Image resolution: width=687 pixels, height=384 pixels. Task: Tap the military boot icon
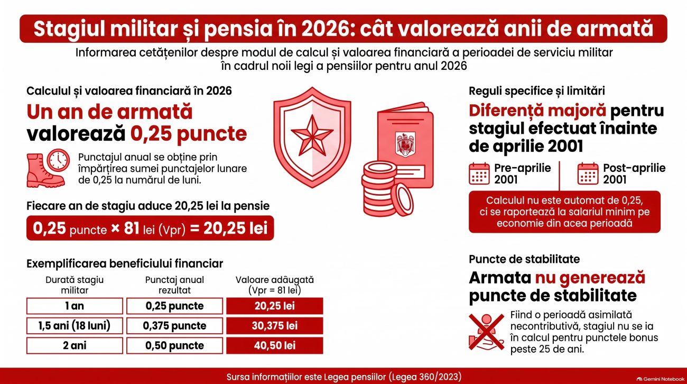pos(45,171)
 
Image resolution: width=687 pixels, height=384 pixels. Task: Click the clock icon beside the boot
pos(58,160)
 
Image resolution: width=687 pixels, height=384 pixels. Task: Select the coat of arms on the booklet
pos(405,144)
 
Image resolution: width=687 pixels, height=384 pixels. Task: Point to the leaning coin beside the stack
pos(402,199)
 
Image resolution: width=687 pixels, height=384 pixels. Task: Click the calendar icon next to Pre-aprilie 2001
pos(479,173)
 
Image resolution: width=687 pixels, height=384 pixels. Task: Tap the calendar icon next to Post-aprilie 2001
pos(588,173)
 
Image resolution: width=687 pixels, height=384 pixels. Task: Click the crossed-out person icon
pos(486,332)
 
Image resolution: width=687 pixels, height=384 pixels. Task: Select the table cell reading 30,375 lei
pos(274,326)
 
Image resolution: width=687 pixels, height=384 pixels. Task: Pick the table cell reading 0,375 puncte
pos(174,326)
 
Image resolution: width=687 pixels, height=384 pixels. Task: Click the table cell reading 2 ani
pos(75,345)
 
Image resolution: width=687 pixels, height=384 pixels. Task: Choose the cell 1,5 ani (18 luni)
pos(75,326)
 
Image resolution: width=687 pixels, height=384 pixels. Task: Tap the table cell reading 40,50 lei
pos(274,345)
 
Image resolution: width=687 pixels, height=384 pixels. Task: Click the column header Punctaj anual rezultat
pos(174,285)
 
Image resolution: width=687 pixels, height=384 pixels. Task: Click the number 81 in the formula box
pos(132,228)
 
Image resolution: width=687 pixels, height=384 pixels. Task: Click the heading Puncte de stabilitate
pos(524,259)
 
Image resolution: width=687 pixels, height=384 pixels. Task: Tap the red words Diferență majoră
pos(537,111)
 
